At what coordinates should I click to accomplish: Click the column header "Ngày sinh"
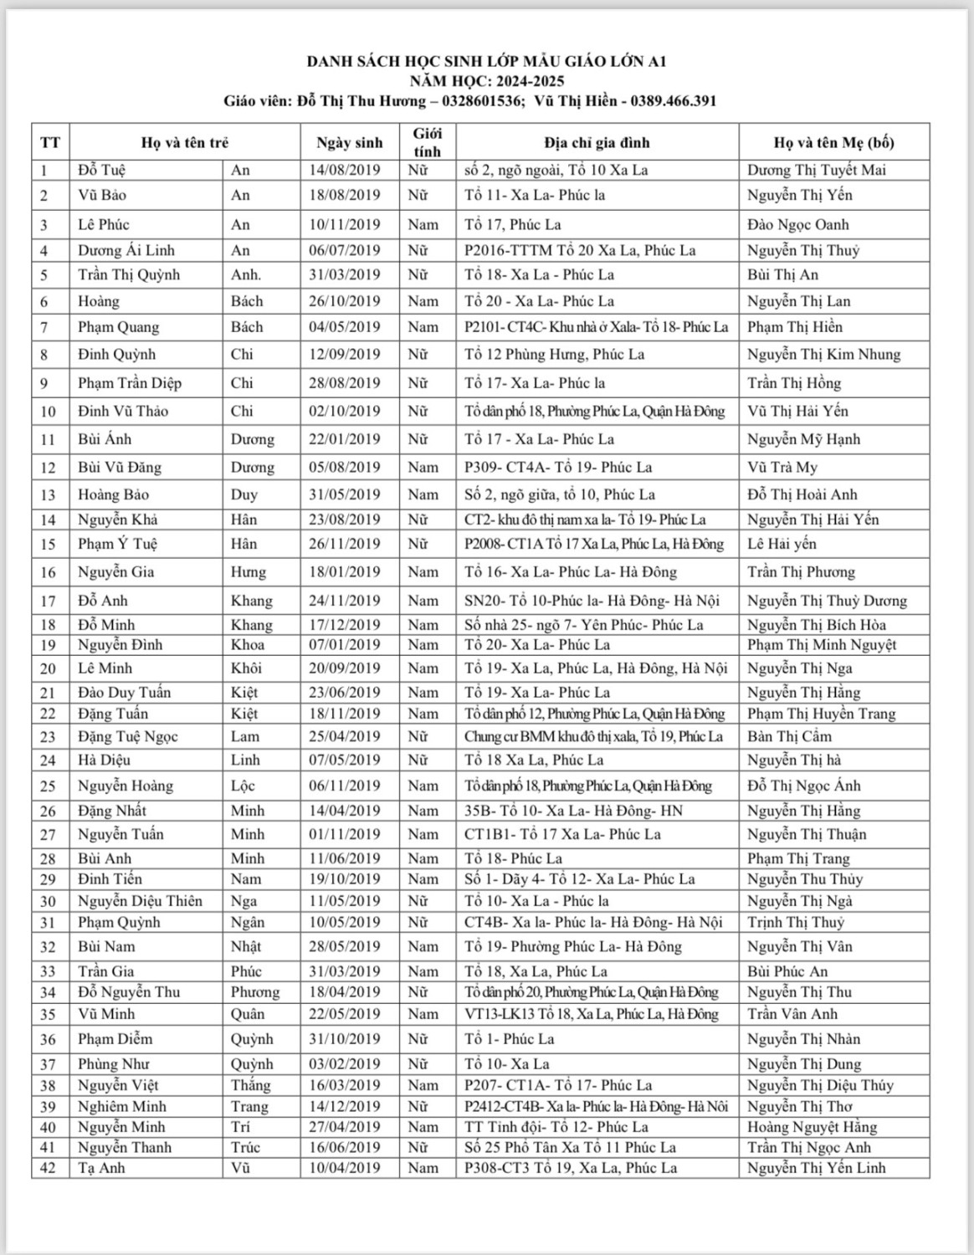click(x=349, y=143)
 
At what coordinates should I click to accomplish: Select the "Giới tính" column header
click(x=427, y=142)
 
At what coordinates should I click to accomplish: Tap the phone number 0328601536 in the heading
click(x=477, y=101)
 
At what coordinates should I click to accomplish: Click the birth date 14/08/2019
click(x=344, y=170)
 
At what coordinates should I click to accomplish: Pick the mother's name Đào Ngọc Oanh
click(x=797, y=224)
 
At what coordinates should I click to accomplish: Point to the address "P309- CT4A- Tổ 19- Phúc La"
click(x=558, y=467)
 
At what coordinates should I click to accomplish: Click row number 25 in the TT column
click(x=48, y=786)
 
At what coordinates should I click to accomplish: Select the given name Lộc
click(x=243, y=786)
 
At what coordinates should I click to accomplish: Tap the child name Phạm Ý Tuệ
click(x=117, y=544)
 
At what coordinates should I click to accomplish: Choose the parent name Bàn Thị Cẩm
click(x=789, y=736)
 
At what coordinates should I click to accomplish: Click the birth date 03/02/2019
click(x=344, y=1064)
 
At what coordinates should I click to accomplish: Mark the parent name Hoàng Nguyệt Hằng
click(x=812, y=1127)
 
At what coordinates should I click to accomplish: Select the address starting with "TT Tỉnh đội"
click(x=556, y=1127)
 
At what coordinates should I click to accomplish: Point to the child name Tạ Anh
click(x=101, y=1168)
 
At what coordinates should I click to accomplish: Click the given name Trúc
click(x=246, y=1147)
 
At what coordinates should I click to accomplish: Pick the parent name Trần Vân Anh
click(x=792, y=1014)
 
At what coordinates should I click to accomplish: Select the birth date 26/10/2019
click(x=344, y=301)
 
